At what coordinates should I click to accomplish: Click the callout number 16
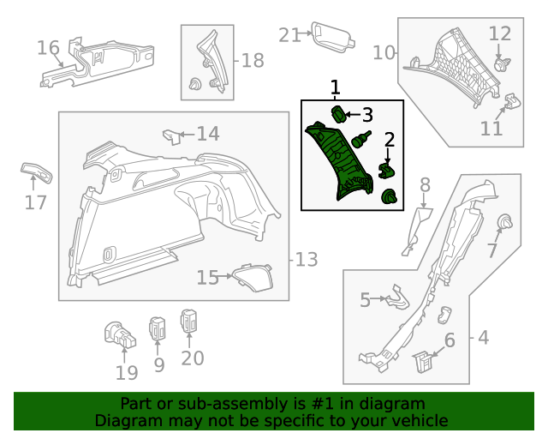[48, 47]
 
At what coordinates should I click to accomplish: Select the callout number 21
[290, 35]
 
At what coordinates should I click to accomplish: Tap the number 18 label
[253, 61]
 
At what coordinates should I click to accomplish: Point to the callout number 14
[208, 134]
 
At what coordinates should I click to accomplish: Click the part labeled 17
[37, 171]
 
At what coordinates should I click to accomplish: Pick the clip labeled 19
[118, 335]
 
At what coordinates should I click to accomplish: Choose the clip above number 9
[158, 328]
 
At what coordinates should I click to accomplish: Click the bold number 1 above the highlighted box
[335, 87]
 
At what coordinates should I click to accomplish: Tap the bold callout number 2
[389, 140]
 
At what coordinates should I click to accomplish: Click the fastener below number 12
[502, 63]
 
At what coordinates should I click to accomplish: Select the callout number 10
[384, 53]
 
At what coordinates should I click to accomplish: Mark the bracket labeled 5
[395, 297]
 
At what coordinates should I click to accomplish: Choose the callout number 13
[307, 259]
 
